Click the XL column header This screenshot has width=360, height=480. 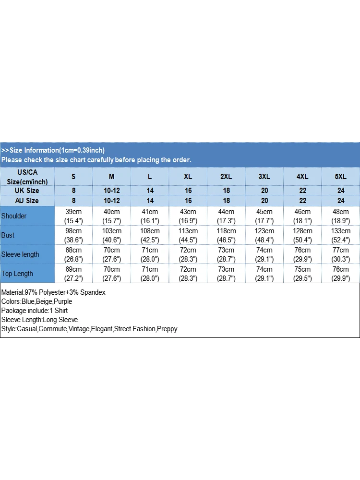pyautogui.click(x=188, y=177)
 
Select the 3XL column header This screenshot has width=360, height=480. pyautogui.click(x=264, y=177)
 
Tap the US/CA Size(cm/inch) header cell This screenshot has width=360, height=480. pyautogui.click(x=27, y=177)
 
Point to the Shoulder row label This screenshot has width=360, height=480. pyautogui.click(x=14, y=216)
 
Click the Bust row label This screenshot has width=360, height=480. pyautogui.click(x=8, y=235)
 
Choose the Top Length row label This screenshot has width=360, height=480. pyautogui.click(x=17, y=274)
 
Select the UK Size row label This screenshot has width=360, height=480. pyautogui.click(x=27, y=191)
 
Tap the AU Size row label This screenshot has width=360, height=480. pyautogui.click(x=27, y=201)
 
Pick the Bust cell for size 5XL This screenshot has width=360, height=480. pyautogui.click(x=341, y=235)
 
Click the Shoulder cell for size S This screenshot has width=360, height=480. pyautogui.click(x=73, y=216)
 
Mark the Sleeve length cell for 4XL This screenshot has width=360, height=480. pyautogui.click(x=303, y=254)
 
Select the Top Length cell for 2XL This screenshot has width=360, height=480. pyautogui.click(x=226, y=274)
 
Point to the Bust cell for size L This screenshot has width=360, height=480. pyautogui.click(x=150, y=235)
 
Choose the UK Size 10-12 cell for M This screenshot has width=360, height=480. pyautogui.click(x=112, y=191)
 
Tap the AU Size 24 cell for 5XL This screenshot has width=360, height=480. pyautogui.click(x=341, y=201)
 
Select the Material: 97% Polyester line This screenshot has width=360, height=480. pyautogui.click(x=53, y=292)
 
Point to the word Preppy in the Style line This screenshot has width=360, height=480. pyautogui.click(x=168, y=329)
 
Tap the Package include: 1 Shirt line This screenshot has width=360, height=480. pyautogui.click(x=35, y=311)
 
